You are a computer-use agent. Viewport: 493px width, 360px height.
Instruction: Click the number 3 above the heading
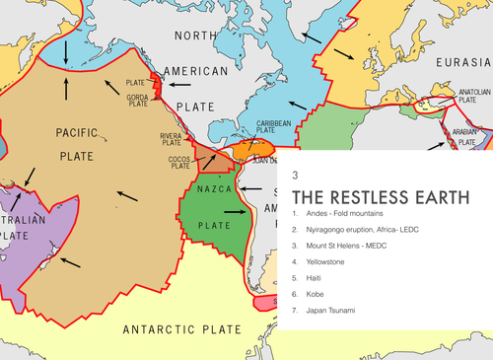(x=296, y=174)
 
